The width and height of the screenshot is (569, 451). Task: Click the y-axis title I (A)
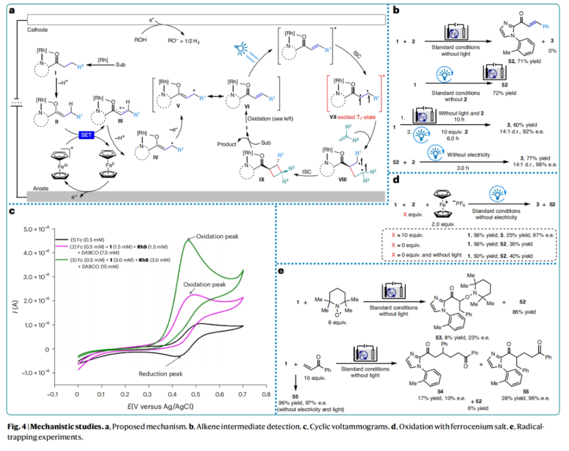pos(16,305)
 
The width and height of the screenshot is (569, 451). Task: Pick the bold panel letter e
pos(284,271)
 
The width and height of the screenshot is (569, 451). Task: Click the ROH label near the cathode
pos(141,40)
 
